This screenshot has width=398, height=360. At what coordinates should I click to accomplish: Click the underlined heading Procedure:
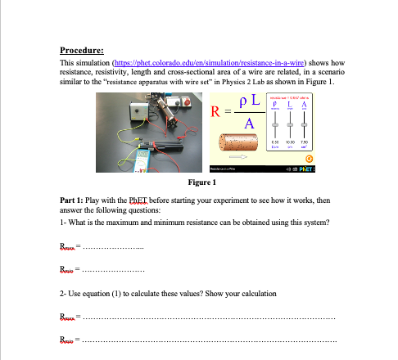click(85, 49)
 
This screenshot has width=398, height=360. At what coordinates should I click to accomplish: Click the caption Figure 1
click(201, 182)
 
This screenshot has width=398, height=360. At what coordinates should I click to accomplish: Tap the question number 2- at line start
click(65, 292)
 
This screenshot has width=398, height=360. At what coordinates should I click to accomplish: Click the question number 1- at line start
click(65, 223)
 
